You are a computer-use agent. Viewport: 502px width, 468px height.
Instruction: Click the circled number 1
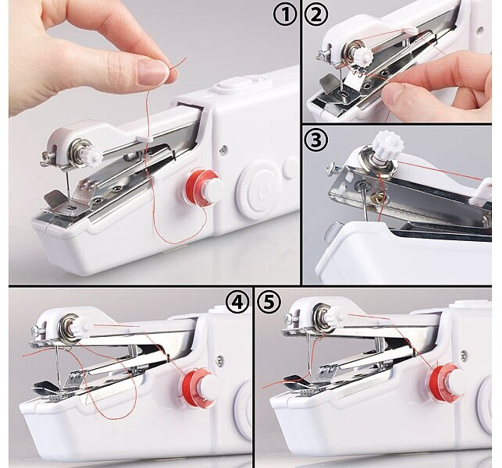coord(285,15)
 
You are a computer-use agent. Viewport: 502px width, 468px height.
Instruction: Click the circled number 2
coord(316,15)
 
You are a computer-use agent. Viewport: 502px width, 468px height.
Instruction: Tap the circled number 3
coord(316,140)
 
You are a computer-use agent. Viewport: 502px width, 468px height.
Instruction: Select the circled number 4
coord(237,303)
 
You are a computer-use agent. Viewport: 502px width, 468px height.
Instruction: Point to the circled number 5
coord(269,303)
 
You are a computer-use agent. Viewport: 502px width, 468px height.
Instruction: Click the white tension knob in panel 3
coord(389,145)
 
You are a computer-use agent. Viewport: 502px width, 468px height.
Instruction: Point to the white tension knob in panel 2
coord(362,55)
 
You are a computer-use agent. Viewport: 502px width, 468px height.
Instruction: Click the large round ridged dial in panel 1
coord(259,189)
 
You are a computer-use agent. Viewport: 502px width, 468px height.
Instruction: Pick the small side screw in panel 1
coord(223,148)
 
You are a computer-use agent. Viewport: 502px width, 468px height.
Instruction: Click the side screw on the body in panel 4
coord(219,360)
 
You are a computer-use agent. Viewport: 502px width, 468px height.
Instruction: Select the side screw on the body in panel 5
coord(463,354)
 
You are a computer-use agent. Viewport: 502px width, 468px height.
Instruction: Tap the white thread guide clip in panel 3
coord(481,192)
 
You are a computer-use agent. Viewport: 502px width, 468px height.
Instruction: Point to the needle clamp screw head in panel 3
coord(332,168)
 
